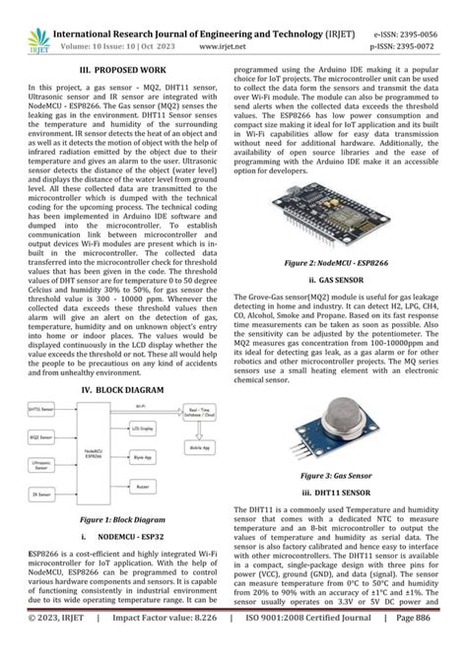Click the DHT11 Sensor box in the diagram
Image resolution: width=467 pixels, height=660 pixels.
pyautogui.click(x=40, y=408)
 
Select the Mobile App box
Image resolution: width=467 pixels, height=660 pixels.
pyautogui.click(x=198, y=446)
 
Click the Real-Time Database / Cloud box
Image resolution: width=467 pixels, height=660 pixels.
pyautogui.click(x=198, y=410)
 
